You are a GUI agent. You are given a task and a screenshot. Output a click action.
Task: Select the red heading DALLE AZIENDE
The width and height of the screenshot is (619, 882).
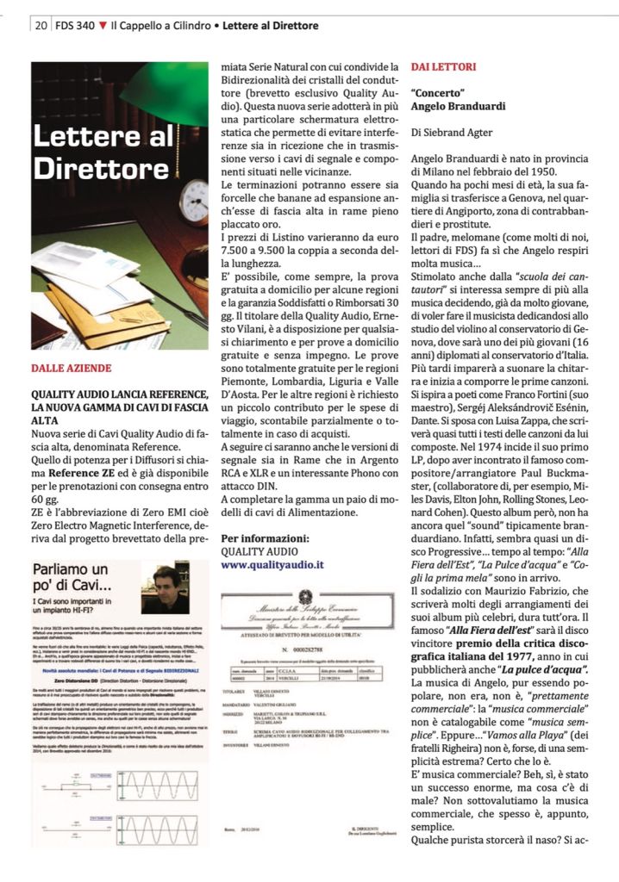pyautogui.click(x=72, y=368)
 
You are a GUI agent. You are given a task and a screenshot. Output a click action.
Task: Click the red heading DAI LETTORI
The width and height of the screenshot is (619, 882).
pyautogui.click(x=443, y=66)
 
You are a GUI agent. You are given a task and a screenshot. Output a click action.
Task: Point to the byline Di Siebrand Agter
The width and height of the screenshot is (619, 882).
pyautogui.click(x=452, y=133)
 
